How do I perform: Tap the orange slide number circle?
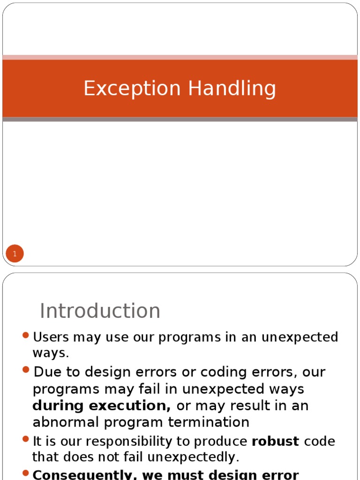(x=15, y=254)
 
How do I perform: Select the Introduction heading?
(x=100, y=311)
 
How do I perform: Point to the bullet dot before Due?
(x=26, y=370)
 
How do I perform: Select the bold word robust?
(x=275, y=442)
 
